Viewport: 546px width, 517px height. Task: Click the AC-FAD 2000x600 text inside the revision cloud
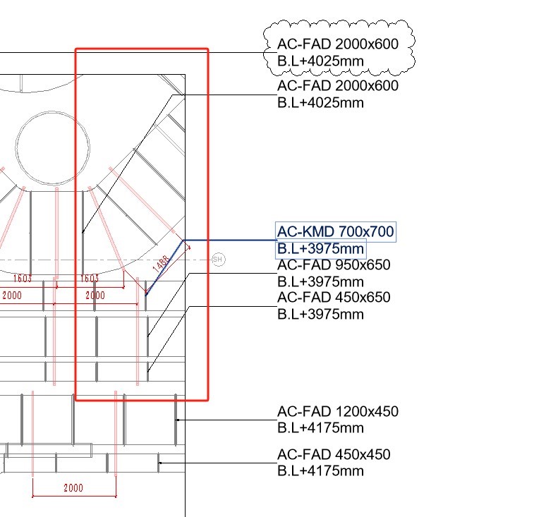click(338, 44)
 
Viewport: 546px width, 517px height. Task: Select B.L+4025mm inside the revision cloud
click(321, 61)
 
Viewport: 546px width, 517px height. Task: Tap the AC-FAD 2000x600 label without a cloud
click(338, 86)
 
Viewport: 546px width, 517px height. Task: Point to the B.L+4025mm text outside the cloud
click(321, 103)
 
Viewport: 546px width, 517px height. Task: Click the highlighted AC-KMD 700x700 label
click(335, 231)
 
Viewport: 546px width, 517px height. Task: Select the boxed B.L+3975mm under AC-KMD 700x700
click(321, 249)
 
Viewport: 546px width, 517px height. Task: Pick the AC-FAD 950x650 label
click(334, 265)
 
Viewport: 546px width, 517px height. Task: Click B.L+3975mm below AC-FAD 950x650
click(321, 281)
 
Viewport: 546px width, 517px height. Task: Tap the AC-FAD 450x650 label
click(334, 298)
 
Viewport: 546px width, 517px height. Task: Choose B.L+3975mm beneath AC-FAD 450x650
click(321, 314)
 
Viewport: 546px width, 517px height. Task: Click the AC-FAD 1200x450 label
click(338, 411)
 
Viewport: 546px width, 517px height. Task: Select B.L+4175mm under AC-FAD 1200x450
click(321, 427)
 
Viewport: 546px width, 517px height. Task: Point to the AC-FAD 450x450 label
click(334, 455)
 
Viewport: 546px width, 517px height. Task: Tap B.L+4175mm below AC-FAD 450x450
click(321, 471)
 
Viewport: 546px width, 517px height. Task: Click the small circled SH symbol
click(218, 260)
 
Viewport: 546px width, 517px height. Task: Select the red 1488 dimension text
click(161, 266)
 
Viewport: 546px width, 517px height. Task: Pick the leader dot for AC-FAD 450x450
click(159, 463)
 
